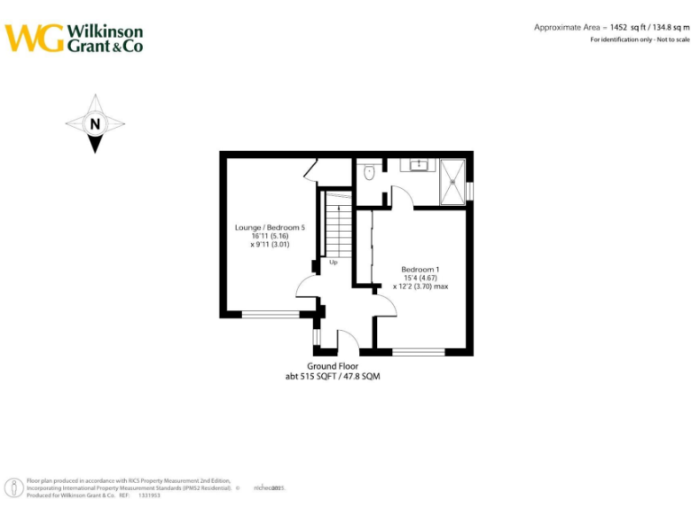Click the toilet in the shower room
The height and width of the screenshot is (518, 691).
(369, 171)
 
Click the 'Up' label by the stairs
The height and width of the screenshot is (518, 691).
(333, 263)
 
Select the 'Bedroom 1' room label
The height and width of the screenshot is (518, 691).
(420, 270)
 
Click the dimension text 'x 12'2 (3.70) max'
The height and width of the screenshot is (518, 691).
(420, 287)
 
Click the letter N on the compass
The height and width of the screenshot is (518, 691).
(94, 124)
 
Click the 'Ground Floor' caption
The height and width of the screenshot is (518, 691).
(333, 366)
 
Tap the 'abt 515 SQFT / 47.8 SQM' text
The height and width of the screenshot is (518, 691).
(333, 377)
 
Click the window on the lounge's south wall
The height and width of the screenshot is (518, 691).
(271, 315)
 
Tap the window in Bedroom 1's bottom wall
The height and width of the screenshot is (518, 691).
(419, 352)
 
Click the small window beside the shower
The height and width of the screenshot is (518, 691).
(469, 191)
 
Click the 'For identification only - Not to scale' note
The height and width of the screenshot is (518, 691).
(639, 40)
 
